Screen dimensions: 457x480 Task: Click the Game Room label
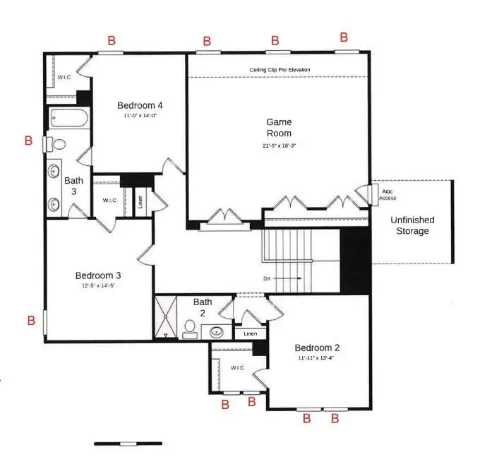click(x=278, y=127)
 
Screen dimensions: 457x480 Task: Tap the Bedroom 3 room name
click(x=99, y=275)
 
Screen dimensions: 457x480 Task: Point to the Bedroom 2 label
click(x=317, y=348)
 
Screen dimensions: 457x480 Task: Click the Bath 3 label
click(x=74, y=186)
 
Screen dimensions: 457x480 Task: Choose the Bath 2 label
click(x=203, y=307)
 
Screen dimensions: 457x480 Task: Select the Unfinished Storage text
click(x=413, y=225)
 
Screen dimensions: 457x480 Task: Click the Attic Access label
click(x=389, y=194)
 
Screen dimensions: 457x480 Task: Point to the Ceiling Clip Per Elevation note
click(x=280, y=69)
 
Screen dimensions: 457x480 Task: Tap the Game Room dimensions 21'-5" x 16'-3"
click(x=278, y=146)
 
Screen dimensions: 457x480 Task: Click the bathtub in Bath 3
click(x=68, y=118)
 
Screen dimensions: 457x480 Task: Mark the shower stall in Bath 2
click(x=167, y=318)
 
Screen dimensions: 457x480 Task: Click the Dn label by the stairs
click(x=267, y=278)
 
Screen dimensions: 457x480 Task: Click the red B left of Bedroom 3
click(x=31, y=321)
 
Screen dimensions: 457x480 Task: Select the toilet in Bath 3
click(x=57, y=144)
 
